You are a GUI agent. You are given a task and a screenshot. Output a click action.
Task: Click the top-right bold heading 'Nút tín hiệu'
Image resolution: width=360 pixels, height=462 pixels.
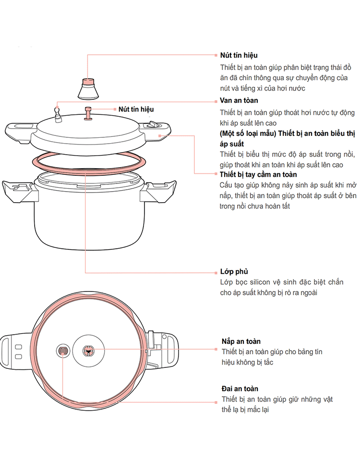click(239, 56)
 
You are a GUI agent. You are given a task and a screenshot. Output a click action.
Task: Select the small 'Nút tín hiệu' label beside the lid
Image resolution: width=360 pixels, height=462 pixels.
click(136, 109)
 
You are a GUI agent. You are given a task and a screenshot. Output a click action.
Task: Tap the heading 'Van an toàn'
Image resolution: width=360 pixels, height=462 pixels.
click(239, 100)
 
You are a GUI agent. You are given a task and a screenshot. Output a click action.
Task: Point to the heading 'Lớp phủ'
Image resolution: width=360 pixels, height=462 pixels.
click(234, 271)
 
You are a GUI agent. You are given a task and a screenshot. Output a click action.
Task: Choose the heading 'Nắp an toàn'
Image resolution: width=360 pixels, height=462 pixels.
click(241, 341)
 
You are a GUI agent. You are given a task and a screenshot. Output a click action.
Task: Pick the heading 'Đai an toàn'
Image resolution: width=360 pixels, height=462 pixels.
click(240, 389)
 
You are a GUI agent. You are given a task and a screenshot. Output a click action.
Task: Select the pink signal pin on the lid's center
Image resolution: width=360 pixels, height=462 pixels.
click(88, 113)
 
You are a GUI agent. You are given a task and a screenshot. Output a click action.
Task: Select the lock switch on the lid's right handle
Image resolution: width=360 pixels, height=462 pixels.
click(155, 126)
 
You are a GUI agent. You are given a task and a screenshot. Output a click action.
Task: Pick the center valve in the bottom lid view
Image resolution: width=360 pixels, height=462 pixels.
click(87, 352)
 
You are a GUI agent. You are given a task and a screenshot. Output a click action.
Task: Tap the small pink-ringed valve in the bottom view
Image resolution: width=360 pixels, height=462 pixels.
click(63, 352)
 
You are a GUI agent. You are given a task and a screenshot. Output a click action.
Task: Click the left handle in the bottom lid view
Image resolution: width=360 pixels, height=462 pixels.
click(14, 352)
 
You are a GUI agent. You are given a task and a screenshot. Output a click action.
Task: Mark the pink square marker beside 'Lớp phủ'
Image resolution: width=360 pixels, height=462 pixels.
click(216, 272)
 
